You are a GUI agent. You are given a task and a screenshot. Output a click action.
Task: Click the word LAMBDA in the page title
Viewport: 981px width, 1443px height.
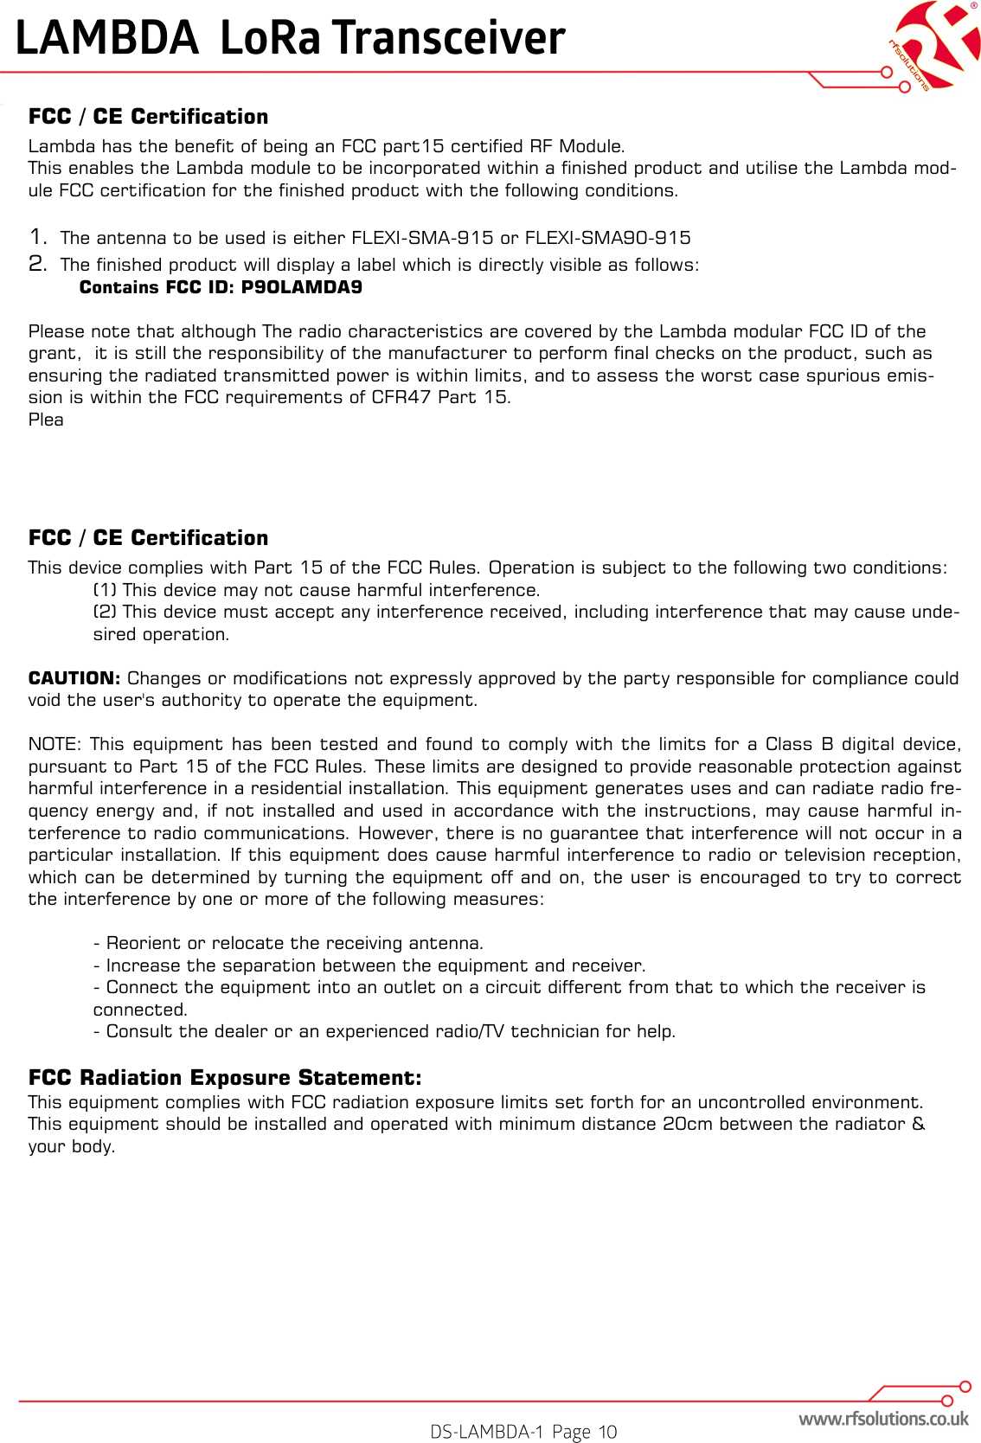107,38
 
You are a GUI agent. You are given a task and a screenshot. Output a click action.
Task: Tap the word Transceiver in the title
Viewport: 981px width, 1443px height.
449,38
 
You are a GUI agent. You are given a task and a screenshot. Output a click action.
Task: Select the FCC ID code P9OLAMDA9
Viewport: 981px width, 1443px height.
301,287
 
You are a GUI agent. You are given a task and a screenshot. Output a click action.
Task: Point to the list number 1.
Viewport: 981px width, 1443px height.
37,236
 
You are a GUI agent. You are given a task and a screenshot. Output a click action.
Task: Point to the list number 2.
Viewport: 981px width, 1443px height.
37,264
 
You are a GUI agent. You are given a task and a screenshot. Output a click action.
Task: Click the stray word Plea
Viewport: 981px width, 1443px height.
46,420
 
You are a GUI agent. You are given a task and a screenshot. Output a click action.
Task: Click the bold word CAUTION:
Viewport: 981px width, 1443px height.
74,678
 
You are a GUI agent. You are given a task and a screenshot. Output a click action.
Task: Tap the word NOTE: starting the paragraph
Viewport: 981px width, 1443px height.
54,744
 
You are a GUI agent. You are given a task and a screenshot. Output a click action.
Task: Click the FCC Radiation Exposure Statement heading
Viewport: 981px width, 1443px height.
225,1077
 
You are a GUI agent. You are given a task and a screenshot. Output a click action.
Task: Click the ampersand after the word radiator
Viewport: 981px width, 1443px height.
919,1124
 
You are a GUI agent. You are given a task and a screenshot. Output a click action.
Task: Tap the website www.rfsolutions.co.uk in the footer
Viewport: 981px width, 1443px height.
883,1419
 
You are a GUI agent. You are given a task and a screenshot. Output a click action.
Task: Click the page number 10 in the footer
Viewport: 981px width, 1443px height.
607,1432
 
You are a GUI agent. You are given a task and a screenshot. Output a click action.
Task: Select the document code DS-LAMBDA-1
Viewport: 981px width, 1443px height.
487,1432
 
